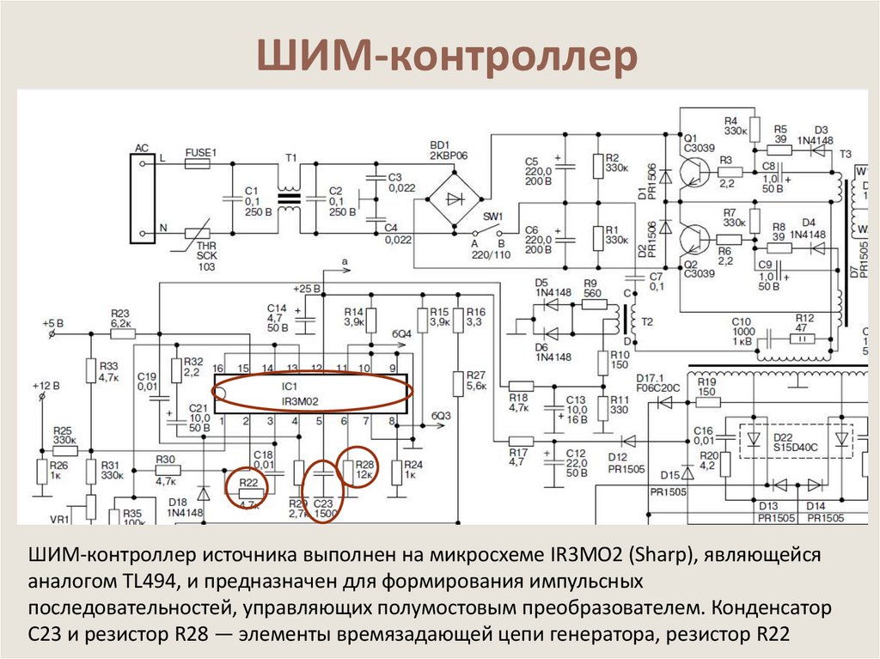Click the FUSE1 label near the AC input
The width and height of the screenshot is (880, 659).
[201, 153]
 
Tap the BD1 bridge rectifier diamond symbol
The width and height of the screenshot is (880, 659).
[450, 198]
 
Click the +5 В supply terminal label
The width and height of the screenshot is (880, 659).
[53, 323]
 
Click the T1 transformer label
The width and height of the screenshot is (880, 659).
[290, 158]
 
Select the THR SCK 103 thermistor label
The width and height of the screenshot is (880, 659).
[207, 256]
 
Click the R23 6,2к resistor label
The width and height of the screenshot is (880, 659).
[120, 319]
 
